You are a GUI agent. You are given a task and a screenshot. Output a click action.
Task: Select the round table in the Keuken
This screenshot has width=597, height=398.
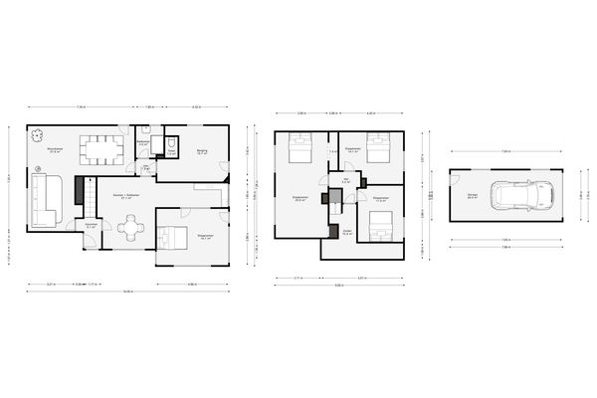129,228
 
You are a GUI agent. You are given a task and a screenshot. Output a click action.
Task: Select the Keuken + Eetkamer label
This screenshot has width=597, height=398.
125,196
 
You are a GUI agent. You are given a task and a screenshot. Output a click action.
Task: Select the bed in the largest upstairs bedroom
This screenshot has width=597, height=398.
299,152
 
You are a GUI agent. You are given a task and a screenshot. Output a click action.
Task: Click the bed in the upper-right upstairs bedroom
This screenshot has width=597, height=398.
375,151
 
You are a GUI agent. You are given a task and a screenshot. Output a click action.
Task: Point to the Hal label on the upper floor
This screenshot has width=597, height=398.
344,181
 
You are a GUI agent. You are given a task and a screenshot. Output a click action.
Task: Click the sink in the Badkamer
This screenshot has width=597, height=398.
145,130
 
